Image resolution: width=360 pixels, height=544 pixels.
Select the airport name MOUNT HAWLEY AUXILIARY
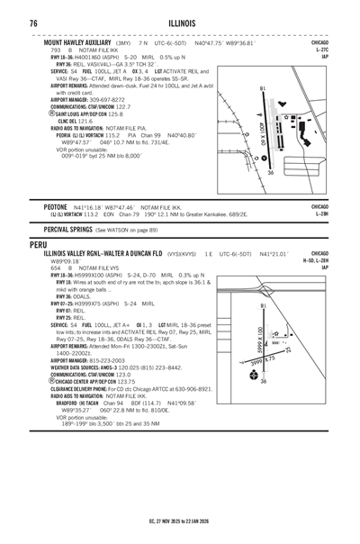click(78, 42)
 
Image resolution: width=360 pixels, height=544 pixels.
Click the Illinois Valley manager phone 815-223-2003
click(114, 359)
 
